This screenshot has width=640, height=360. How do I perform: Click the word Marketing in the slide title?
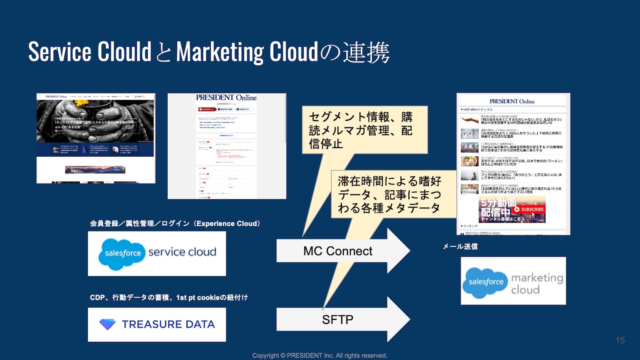[220, 52]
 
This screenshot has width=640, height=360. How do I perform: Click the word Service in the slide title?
[60, 52]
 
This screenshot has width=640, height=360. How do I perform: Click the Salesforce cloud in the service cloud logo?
[122, 253]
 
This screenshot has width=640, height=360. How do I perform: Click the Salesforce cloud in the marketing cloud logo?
[485, 282]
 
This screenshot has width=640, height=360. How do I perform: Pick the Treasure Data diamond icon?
[107, 324]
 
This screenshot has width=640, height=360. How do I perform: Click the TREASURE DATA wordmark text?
[168, 324]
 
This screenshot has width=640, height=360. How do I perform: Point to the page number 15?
[620, 340]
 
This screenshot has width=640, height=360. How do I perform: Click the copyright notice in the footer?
[320, 355]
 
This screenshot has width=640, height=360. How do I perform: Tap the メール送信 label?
[460, 246]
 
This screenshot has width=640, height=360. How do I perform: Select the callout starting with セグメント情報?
[364, 130]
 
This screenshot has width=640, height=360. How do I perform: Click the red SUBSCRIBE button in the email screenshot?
[529, 209]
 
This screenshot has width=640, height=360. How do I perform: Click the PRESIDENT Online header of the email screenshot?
[512, 102]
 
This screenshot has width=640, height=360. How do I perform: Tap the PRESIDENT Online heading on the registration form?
[226, 98]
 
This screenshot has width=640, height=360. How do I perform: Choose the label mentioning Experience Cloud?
[175, 224]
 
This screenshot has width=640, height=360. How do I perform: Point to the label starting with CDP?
[168, 298]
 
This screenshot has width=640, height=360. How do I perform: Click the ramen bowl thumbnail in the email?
[469, 161]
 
